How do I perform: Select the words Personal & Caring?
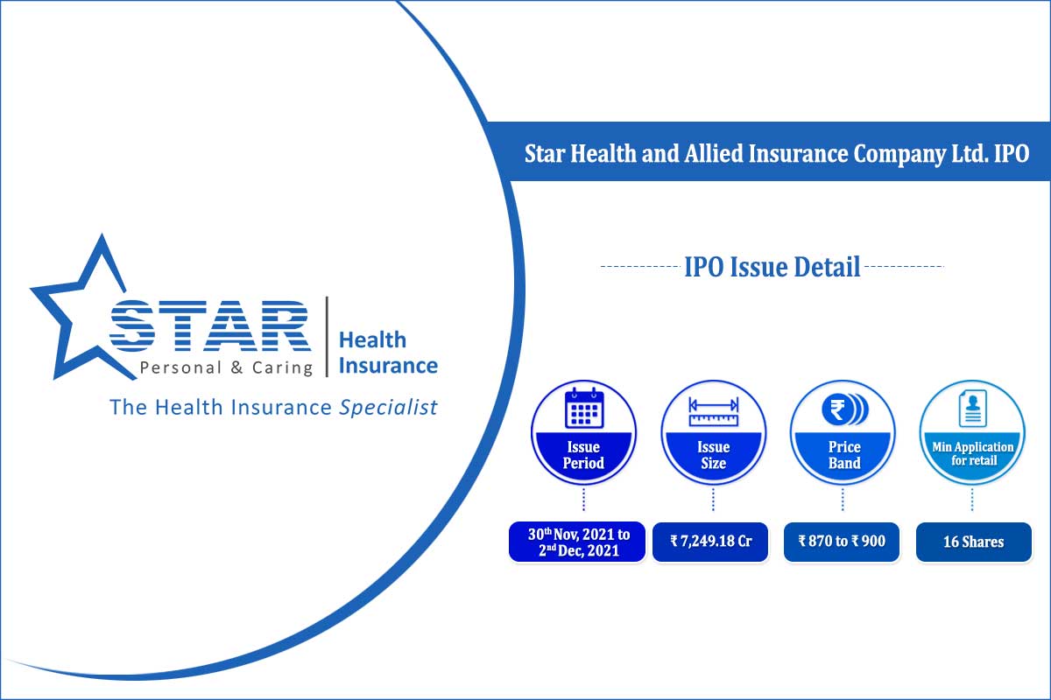coord(226,367)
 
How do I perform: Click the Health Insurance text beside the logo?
coord(387,352)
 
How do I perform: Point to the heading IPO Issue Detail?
coord(772,266)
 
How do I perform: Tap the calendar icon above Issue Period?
coord(583,408)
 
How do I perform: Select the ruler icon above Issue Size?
coord(713,410)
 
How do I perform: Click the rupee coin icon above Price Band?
coord(843,409)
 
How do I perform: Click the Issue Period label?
coord(583,455)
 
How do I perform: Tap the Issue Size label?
coord(713,455)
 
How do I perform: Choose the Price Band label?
coord(843,455)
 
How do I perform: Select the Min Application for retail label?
coord(972,453)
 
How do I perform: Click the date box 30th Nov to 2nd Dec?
coord(577,542)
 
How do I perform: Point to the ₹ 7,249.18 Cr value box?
coord(710,542)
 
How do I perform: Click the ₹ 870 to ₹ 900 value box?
coord(841,542)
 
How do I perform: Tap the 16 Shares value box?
coord(973,542)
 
